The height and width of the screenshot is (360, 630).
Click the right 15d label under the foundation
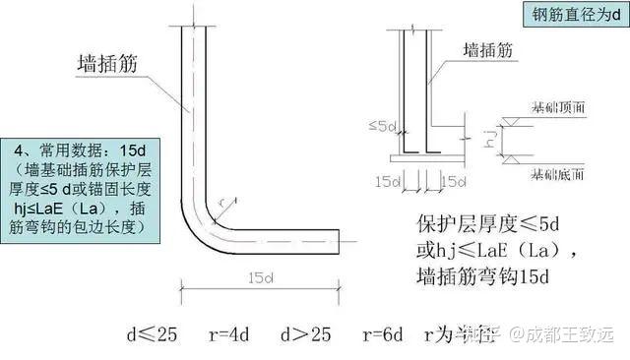point(454,182)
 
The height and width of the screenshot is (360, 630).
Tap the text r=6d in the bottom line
point(380,334)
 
